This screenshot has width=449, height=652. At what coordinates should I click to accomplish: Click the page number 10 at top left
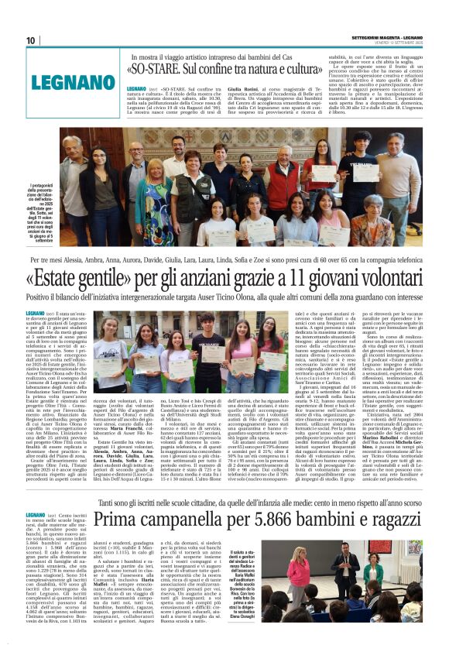pyautogui.click(x=31, y=40)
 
